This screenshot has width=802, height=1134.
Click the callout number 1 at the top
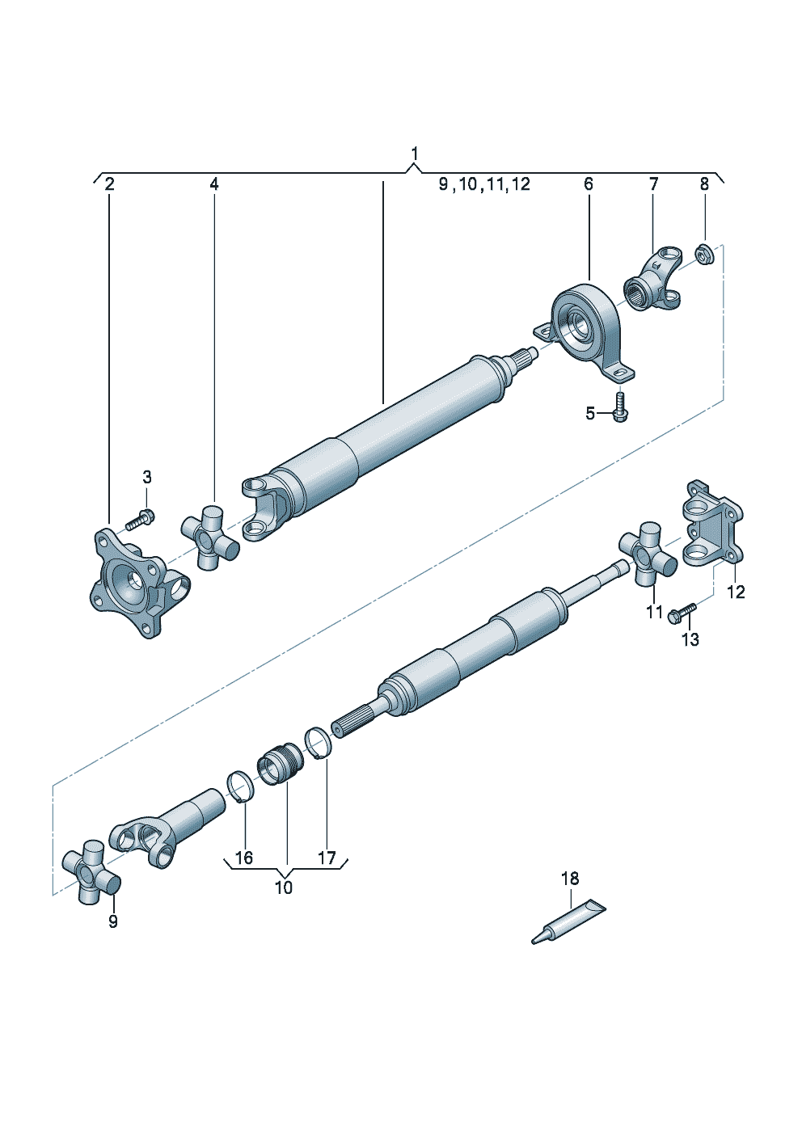[x=414, y=154]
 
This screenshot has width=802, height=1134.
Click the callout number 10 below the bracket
[x=284, y=887]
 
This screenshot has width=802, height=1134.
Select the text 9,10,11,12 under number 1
[x=484, y=184]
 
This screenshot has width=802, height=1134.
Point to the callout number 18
[x=570, y=877]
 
